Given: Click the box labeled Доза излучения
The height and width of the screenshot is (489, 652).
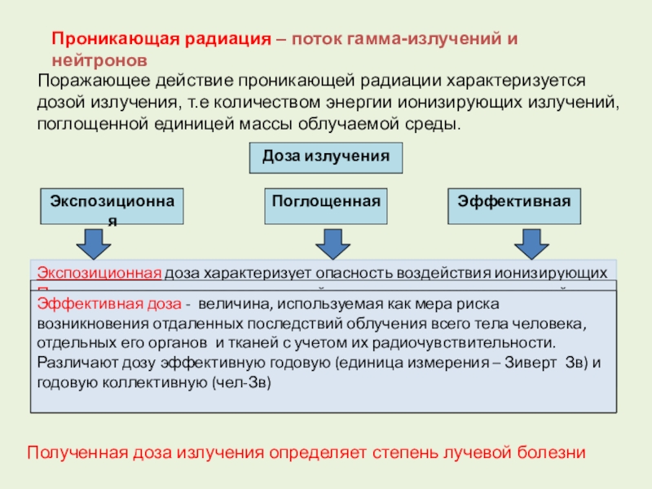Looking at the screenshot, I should (326, 158).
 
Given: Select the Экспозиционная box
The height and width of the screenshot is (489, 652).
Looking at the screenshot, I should (112, 206).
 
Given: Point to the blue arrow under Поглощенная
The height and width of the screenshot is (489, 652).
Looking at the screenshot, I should (330, 243).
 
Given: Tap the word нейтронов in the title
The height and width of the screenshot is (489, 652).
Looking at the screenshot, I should (100, 60).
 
